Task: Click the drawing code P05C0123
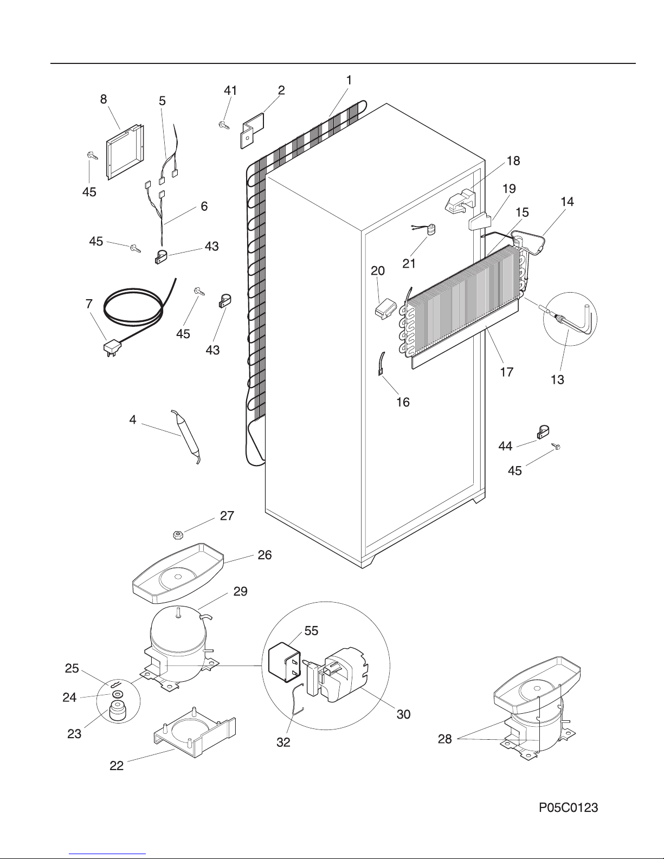coord(569,807)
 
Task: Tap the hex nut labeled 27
coord(177,535)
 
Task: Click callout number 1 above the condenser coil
coord(349,80)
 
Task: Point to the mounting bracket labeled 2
coord(252,131)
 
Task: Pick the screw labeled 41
coord(224,125)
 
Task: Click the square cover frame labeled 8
coord(125,152)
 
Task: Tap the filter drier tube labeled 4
coord(186,436)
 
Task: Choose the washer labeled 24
coord(117,695)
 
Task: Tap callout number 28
coord(444,739)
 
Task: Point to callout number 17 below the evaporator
coord(507,372)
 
